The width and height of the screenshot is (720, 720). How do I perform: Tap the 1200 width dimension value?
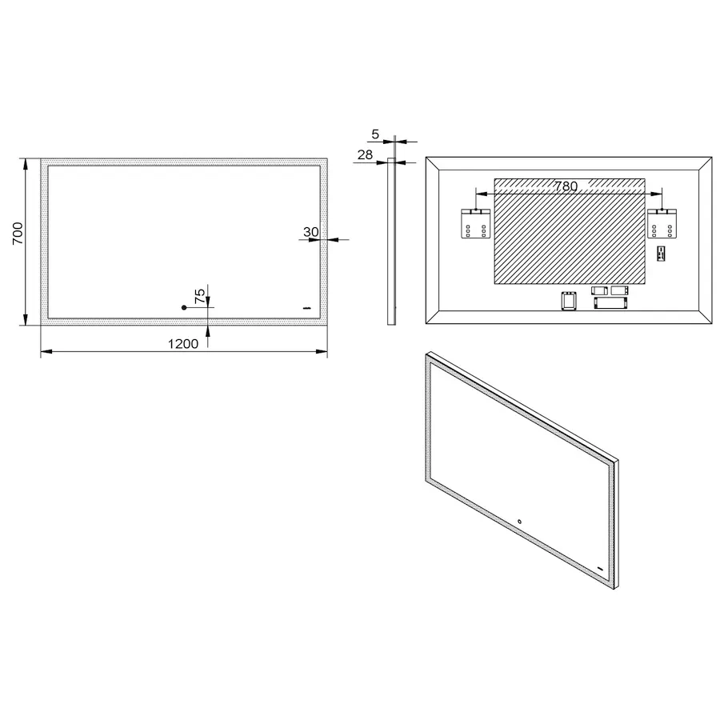[183, 343]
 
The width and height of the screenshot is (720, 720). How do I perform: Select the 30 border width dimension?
[311, 232]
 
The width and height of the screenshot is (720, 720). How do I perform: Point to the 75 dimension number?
[200, 296]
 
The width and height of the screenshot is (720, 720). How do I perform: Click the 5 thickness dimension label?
[375, 134]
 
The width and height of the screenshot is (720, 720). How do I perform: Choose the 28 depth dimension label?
[365, 154]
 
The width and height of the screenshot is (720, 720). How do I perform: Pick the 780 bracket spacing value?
[566, 186]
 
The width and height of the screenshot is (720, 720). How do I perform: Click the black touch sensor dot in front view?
[184, 307]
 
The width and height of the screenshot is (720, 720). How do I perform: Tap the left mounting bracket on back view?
[475, 224]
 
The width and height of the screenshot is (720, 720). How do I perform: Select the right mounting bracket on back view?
[662, 224]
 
